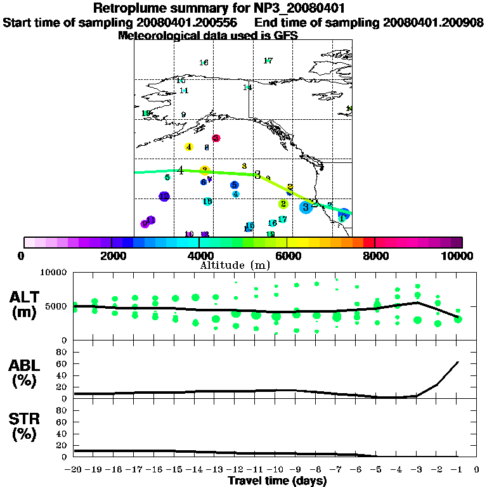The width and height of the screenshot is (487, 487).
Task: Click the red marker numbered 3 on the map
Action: (x=216, y=138)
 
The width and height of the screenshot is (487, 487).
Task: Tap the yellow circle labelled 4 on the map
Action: (x=189, y=147)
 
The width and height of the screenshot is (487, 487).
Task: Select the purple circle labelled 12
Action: (x=164, y=197)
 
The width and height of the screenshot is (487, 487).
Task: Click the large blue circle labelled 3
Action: (x=306, y=206)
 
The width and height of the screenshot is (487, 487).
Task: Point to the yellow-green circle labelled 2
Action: (x=283, y=204)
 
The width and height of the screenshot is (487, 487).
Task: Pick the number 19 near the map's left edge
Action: (x=146, y=114)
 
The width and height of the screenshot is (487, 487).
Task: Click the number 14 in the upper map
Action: (x=248, y=88)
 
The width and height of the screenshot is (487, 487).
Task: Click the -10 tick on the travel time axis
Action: (x=275, y=470)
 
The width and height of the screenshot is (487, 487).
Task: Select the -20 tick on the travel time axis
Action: (x=74, y=470)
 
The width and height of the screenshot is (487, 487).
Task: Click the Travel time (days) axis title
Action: (x=277, y=481)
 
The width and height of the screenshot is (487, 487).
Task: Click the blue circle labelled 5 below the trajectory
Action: (x=235, y=185)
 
